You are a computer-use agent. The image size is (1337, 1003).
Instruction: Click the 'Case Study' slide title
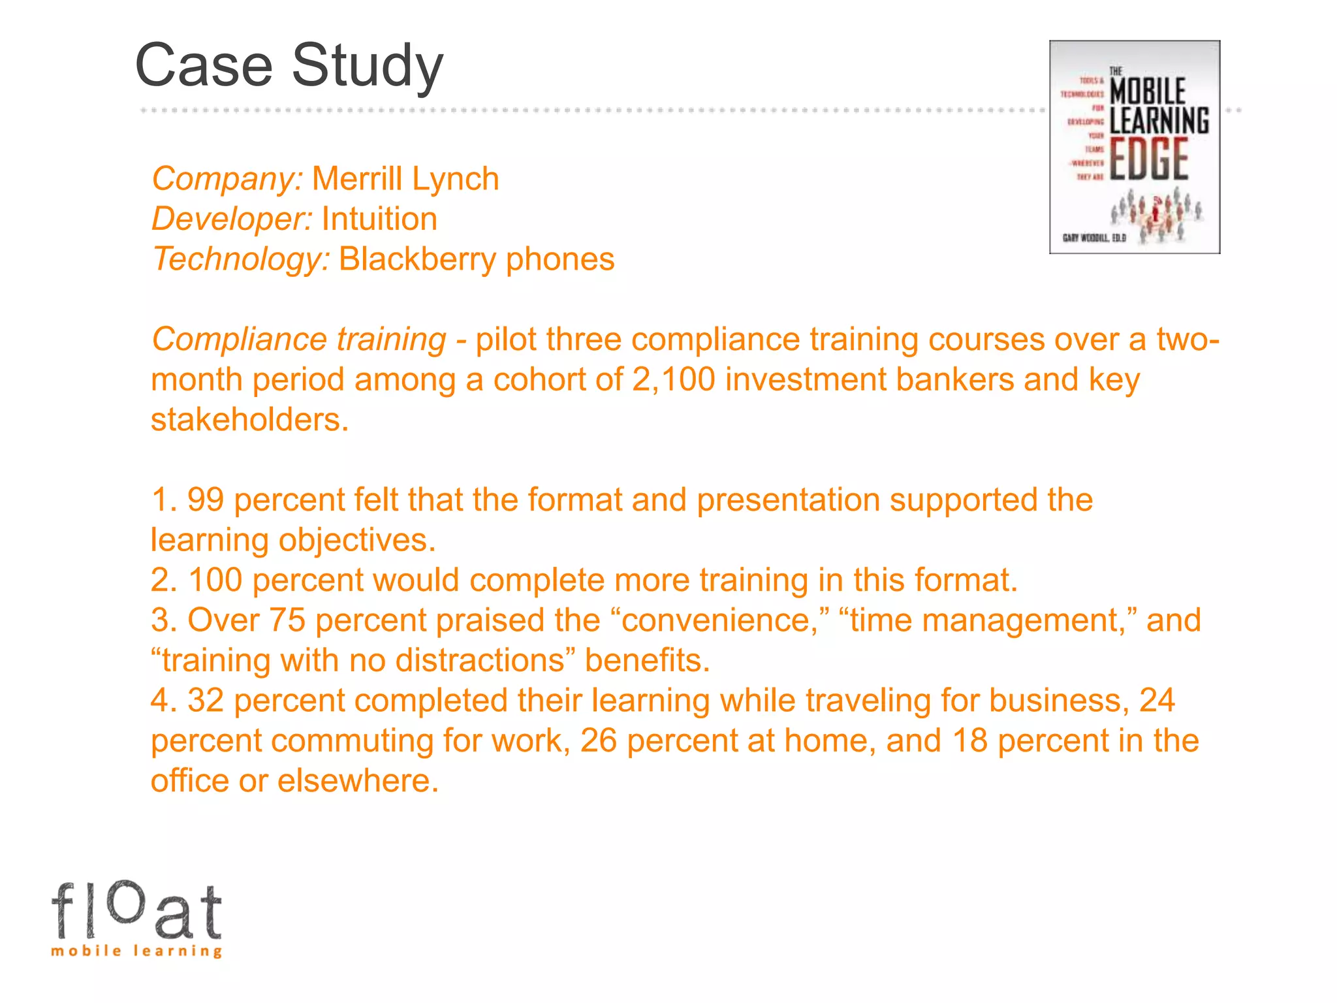[289, 65]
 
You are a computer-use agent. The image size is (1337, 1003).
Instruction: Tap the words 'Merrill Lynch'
[405, 179]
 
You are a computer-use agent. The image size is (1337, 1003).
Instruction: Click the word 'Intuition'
[379, 219]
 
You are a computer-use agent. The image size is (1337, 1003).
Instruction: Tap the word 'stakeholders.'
[250, 420]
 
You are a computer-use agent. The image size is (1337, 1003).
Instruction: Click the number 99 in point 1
[206, 500]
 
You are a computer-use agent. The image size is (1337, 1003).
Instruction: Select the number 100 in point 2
[215, 581]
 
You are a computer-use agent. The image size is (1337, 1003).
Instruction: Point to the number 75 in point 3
[287, 620]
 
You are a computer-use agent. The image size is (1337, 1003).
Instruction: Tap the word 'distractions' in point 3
[480, 661]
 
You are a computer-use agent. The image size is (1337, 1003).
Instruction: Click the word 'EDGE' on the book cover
[1149, 159]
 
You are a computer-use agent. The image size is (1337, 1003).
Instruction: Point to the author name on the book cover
[1094, 238]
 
